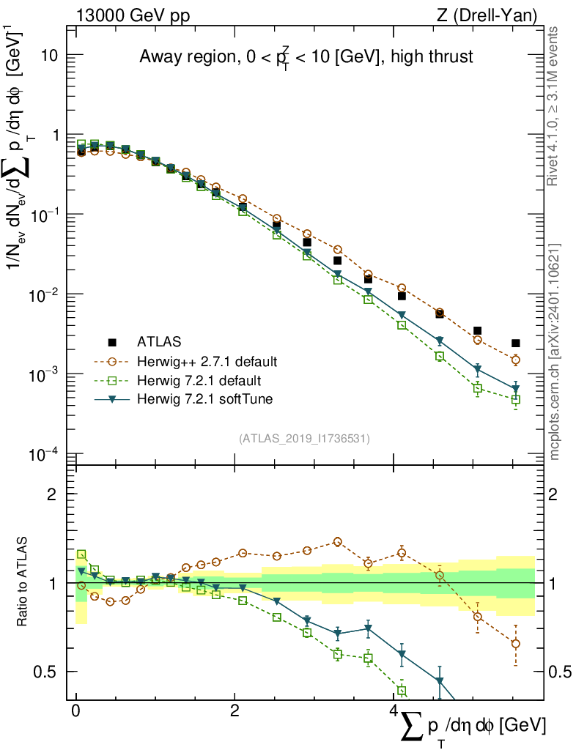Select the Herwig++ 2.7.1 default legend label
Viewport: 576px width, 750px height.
pyautogui.click(x=207, y=361)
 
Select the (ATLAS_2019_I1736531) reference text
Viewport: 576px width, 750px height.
pyautogui.click(x=304, y=439)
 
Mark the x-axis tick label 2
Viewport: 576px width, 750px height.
pyautogui.click(x=235, y=711)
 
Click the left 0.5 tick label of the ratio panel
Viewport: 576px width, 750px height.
pyautogui.click(x=49, y=672)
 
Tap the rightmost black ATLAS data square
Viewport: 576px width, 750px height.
pyautogui.click(x=516, y=343)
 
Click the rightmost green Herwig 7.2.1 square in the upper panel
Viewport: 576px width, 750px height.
pyautogui.click(x=516, y=400)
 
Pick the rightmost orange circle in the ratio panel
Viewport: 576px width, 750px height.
pyautogui.click(x=516, y=644)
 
